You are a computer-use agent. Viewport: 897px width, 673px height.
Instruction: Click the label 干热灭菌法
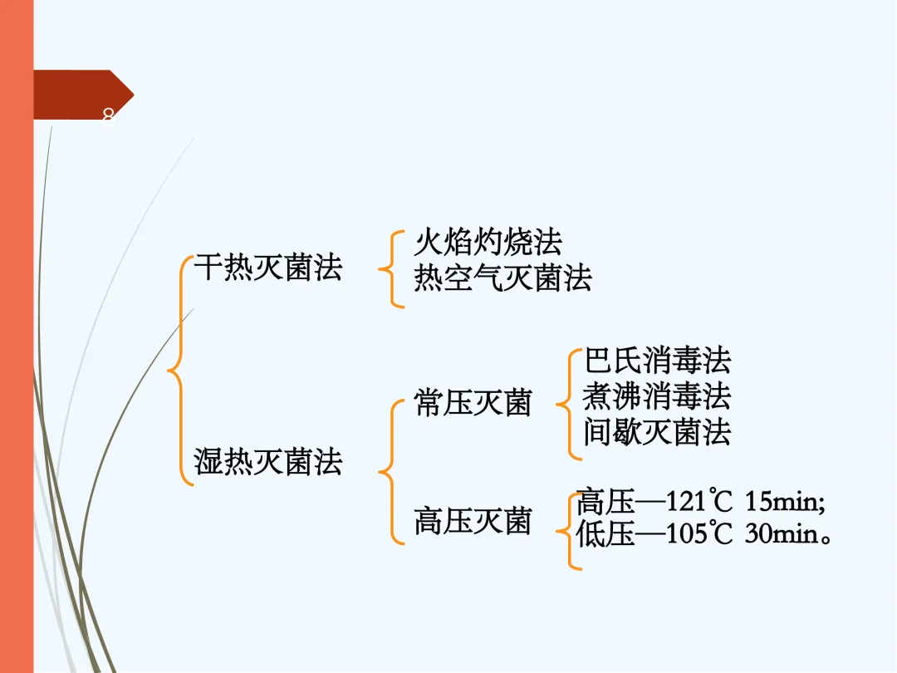coord(267,268)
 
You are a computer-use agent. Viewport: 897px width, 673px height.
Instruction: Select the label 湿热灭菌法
coord(267,461)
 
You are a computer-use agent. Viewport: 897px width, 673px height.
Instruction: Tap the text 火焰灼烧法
coord(488,242)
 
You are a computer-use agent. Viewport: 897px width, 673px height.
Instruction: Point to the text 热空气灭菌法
coord(502,278)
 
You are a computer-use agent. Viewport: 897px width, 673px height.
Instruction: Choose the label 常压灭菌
coord(472,403)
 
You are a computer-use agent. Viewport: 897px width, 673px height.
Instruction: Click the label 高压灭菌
coord(472,521)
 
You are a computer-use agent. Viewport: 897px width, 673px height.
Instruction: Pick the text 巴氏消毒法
coord(656,361)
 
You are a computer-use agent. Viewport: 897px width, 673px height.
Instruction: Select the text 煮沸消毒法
coord(656,396)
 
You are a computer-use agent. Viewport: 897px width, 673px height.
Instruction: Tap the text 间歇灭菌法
coord(656,432)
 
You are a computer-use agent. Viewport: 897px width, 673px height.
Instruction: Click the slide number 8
coord(107,115)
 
